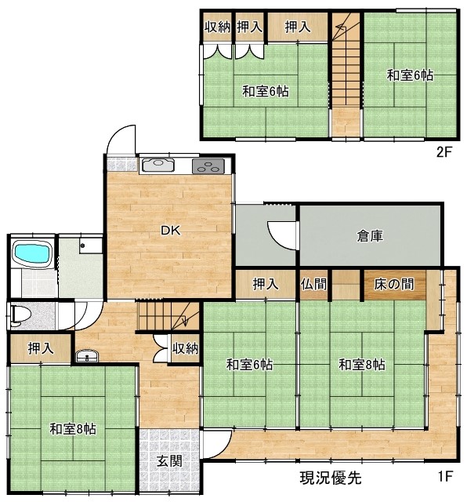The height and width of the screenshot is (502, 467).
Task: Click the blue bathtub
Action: point(32,254)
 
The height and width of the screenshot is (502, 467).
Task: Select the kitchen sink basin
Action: point(157,164)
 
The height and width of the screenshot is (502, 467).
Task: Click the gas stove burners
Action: point(208,166)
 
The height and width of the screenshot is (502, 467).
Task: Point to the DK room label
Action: point(171,231)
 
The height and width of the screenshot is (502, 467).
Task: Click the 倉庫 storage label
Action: point(370,236)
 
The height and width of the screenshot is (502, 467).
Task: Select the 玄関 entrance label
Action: point(169,461)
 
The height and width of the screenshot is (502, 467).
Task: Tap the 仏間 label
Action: point(313,284)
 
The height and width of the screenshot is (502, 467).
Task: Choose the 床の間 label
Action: point(394,284)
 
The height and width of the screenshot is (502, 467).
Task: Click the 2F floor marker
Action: point(443,151)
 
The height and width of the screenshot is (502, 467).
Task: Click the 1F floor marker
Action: point(445,476)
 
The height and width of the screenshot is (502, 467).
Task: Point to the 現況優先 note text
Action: point(331,478)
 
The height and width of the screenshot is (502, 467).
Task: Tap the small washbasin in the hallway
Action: point(87,355)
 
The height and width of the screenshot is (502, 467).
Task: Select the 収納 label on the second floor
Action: point(218,27)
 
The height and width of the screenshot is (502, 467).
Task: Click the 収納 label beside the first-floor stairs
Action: point(186,348)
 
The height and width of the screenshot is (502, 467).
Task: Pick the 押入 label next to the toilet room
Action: point(41,348)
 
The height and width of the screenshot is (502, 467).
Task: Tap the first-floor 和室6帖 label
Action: point(249,365)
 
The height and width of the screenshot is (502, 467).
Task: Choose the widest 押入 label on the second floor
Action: point(298,27)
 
